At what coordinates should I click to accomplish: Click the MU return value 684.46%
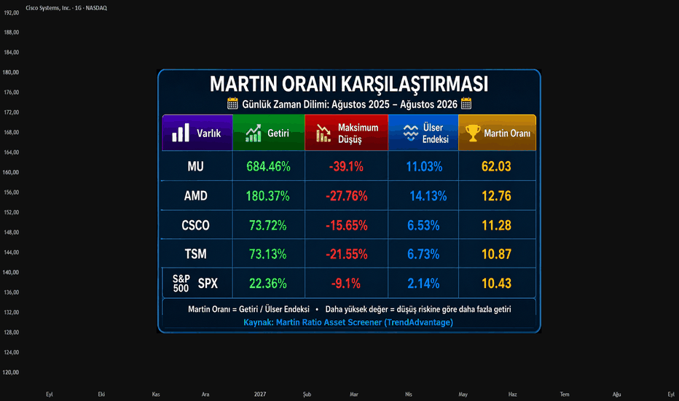tap(268, 166)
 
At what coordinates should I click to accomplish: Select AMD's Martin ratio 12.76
tap(496, 196)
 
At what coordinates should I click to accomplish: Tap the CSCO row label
tap(195, 225)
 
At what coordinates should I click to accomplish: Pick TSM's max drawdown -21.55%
tap(347, 254)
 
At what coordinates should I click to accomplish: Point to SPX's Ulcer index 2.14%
tap(423, 284)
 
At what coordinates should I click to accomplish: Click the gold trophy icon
tap(473, 133)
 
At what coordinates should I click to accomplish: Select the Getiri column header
tap(269, 133)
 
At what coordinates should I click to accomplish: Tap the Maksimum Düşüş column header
tap(347, 133)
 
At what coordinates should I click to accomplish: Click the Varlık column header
tap(197, 133)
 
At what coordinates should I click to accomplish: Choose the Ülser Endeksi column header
tap(423, 133)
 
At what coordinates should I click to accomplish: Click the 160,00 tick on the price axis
tap(11, 172)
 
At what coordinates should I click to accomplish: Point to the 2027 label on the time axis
tap(260, 394)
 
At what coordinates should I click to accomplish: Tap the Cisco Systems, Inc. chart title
tap(66, 8)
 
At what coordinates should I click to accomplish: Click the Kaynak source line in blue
tap(348, 322)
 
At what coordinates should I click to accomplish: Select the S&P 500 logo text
tap(181, 284)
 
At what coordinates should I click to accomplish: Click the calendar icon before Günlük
tap(232, 104)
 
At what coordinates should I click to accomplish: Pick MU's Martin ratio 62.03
tap(496, 166)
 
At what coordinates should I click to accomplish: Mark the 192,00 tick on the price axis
tap(11, 12)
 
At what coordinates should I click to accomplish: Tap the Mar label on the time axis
tap(354, 394)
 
